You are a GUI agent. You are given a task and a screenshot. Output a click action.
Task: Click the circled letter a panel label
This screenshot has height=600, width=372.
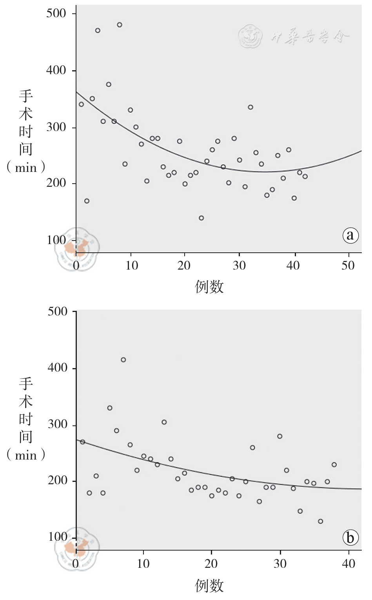click(350, 235)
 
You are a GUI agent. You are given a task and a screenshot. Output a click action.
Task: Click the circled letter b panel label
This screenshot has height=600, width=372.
click(350, 537)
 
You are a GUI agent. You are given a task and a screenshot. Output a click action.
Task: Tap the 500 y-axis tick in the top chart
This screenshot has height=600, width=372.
click(56, 13)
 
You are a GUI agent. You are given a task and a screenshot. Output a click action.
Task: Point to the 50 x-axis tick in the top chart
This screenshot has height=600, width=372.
click(348, 266)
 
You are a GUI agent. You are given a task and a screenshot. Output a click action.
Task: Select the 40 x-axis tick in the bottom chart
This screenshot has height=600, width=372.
click(348, 564)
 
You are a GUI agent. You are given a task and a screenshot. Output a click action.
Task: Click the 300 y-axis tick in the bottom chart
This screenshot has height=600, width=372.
click(57, 424)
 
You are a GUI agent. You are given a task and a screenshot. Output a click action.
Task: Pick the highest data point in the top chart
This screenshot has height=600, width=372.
click(120, 25)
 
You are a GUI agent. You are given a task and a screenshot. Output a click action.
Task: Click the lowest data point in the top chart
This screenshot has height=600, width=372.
click(201, 218)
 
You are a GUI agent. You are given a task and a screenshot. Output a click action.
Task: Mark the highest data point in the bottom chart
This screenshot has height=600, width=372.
click(123, 360)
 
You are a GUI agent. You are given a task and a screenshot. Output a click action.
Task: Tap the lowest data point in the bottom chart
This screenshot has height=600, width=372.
click(320, 522)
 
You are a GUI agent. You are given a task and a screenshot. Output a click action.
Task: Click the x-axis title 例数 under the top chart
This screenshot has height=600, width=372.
click(209, 287)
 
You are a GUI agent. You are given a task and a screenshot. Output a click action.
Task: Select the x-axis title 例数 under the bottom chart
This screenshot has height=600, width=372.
click(209, 585)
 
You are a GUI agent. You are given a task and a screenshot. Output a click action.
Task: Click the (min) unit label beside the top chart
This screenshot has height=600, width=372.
click(26, 168)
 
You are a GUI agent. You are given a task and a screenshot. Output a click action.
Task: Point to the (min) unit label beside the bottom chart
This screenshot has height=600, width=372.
click(26, 455)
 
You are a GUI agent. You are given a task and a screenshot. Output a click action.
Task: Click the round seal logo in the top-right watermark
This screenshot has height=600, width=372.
click(250, 36)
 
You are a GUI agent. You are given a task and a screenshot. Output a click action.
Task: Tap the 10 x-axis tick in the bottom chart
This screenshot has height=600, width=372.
click(143, 564)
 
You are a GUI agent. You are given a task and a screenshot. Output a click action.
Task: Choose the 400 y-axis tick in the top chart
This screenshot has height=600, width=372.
click(56, 70)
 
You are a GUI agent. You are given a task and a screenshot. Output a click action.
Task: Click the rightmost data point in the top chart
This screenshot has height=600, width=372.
click(305, 177)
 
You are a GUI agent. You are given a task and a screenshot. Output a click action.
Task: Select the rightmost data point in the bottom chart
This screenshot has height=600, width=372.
click(334, 465)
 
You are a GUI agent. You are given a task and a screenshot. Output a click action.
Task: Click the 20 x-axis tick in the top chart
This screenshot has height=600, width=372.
click(184, 266)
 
